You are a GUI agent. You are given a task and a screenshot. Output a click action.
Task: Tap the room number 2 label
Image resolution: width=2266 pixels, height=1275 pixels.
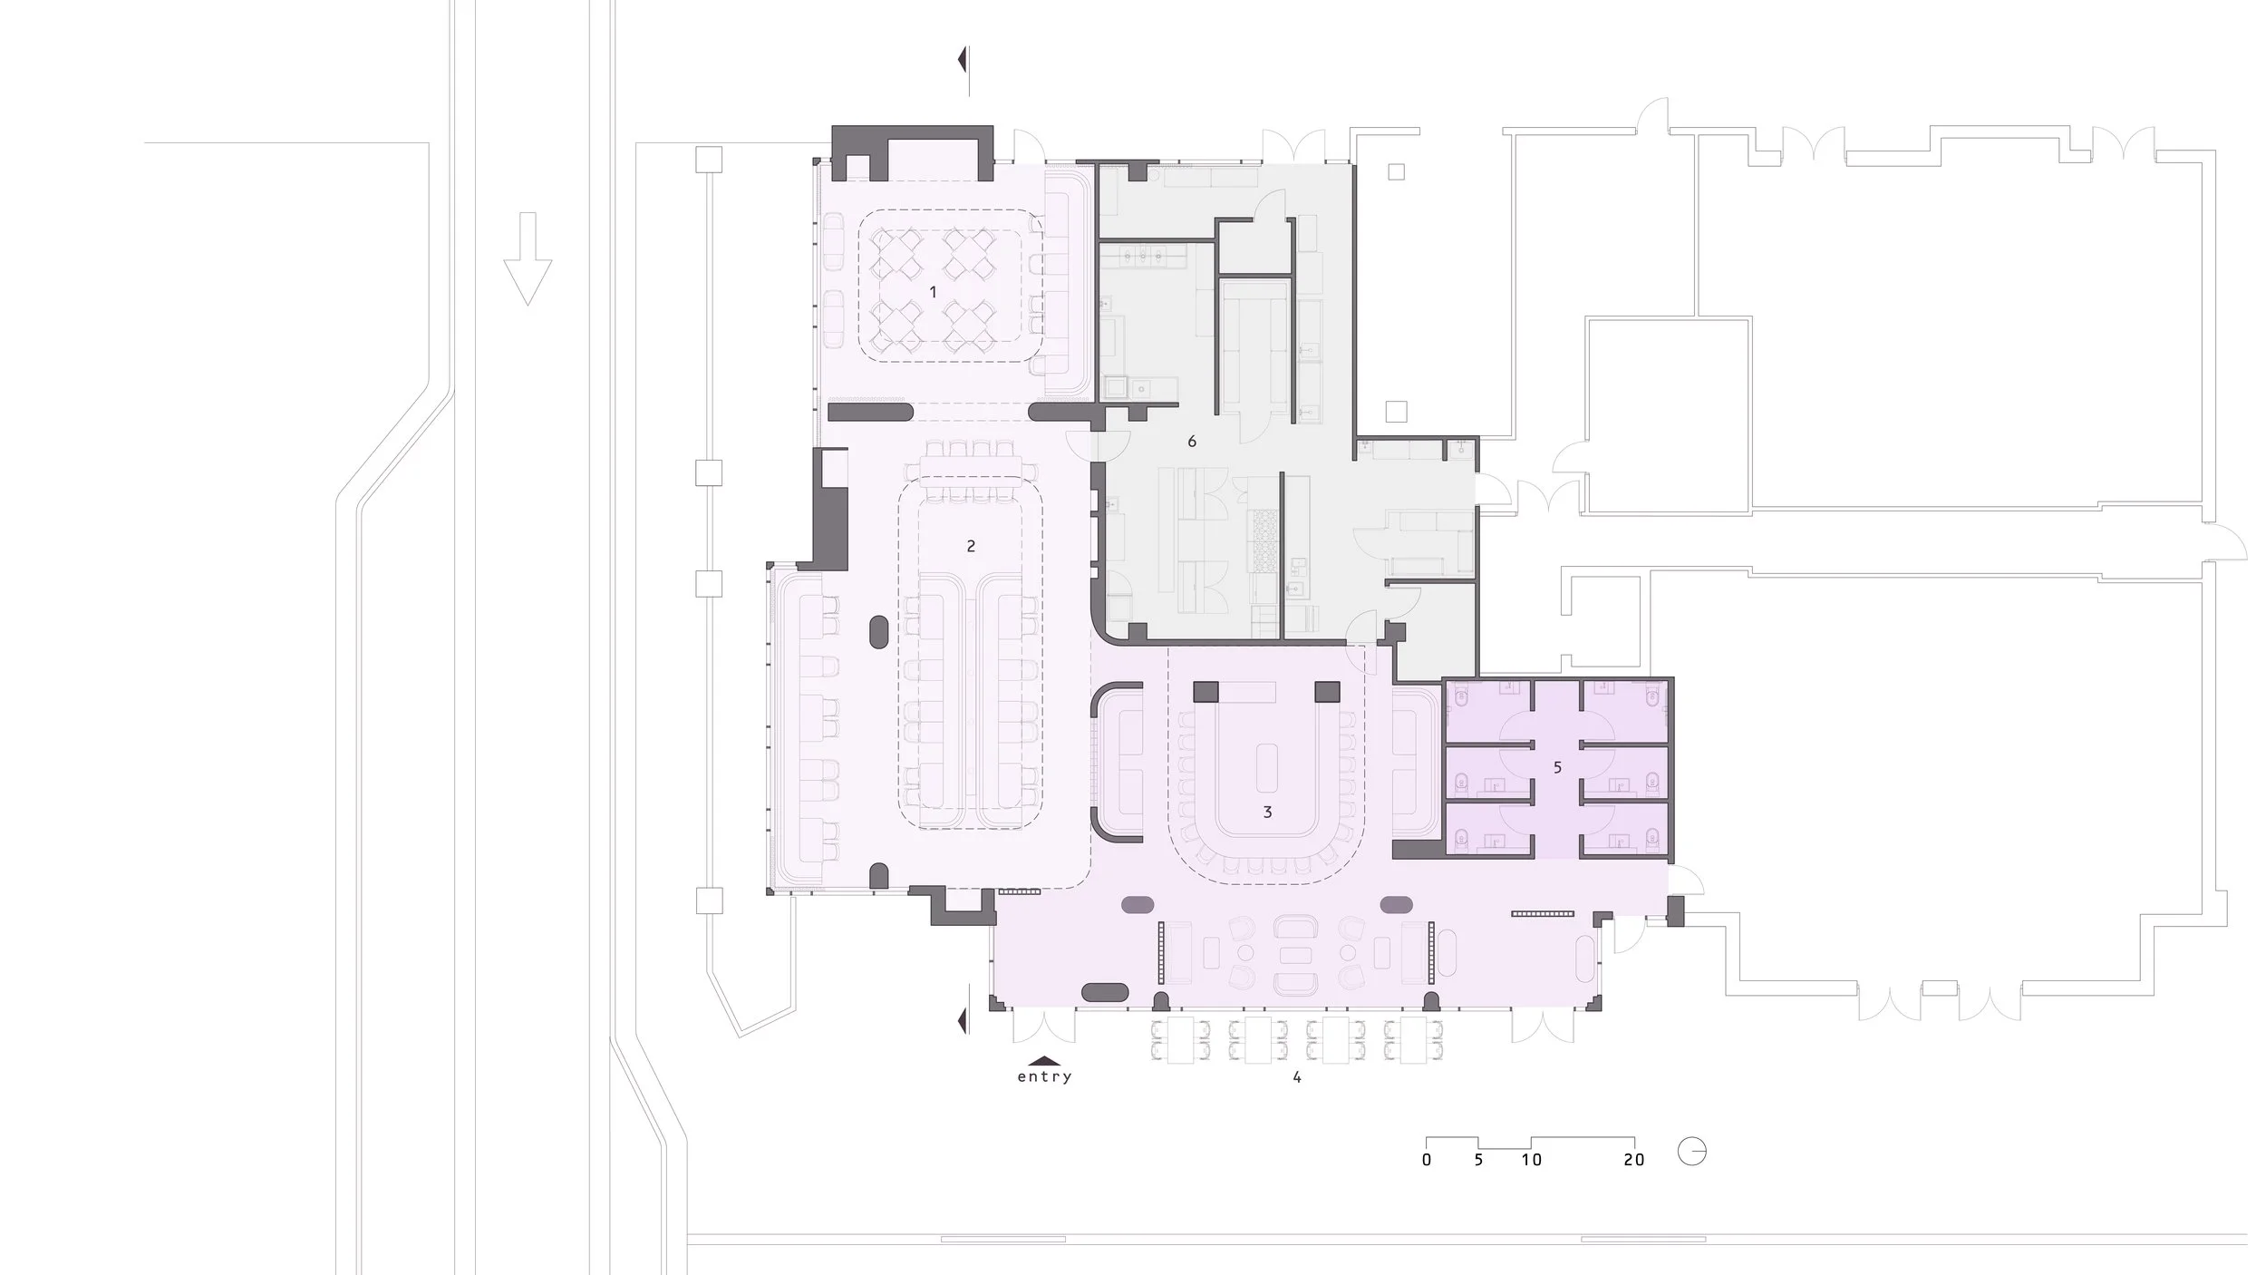coord(971,546)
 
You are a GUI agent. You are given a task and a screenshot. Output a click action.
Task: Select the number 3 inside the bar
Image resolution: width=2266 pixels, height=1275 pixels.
coord(1267,813)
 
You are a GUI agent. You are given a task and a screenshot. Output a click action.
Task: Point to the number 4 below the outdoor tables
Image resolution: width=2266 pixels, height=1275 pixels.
coord(1297,1077)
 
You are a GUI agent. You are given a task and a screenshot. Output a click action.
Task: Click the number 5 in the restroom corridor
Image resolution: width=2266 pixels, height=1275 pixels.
coord(1557,768)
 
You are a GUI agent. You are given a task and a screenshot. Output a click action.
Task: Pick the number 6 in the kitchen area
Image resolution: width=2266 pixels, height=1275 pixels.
coord(1192,442)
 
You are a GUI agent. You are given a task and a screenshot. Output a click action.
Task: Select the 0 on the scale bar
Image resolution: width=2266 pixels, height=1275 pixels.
coord(1427,1160)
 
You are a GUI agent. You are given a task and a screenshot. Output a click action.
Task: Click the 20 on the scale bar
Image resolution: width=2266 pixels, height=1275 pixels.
coord(1633,1160)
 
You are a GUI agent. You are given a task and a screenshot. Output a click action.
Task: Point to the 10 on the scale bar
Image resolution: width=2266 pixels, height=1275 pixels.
coord(1531,1160)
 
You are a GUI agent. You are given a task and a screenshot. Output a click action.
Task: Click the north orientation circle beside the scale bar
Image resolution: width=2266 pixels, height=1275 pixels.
coord(1691,1152)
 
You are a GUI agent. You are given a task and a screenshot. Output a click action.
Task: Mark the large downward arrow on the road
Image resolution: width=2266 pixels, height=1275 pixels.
coord(528,258)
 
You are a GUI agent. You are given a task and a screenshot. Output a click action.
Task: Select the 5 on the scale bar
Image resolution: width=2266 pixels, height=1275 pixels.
coord(1478,1160)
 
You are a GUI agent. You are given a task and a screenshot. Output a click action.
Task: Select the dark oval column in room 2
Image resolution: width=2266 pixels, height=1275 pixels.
coord(878,632)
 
